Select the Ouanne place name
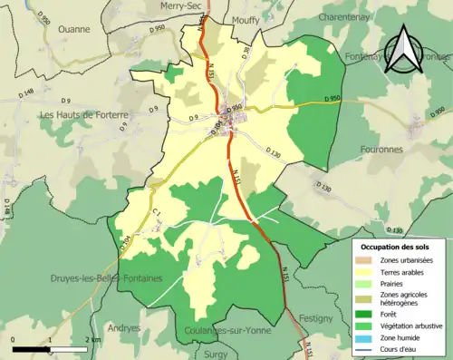73,29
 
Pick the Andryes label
124,327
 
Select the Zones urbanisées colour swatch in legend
369,260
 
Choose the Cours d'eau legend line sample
369,349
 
